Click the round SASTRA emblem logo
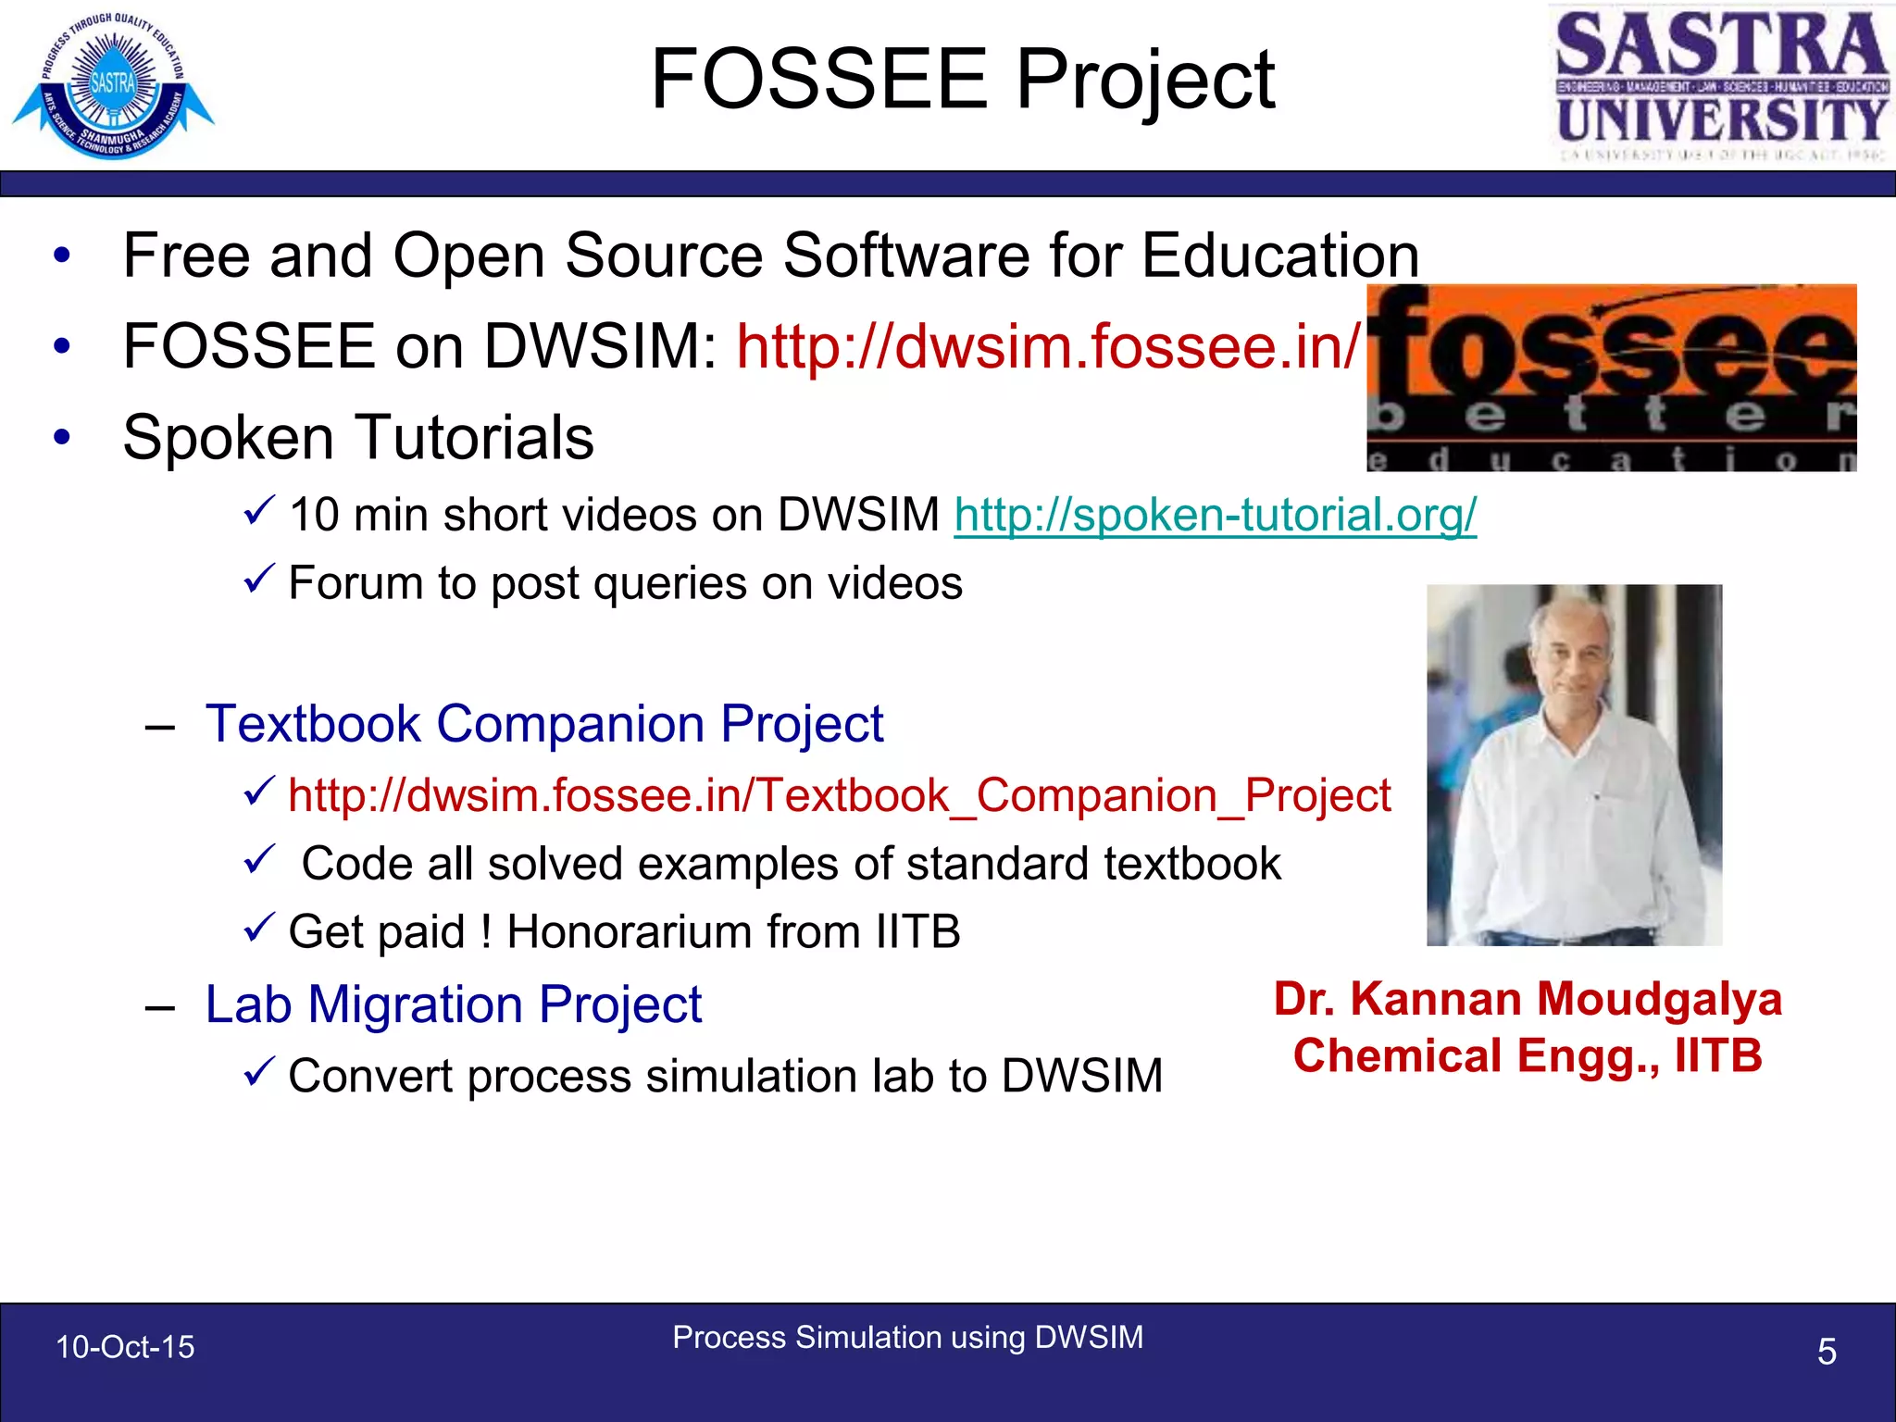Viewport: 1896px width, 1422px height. tap(113, 85)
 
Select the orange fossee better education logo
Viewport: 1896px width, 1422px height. tap(1611, 378)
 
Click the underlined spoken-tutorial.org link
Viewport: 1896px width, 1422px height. tap(1215, 515)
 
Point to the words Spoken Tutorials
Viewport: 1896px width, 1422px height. tap(358, 437)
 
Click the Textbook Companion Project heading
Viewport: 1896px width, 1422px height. tap(544, 723)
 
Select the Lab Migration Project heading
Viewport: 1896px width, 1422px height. tap(454, 1004)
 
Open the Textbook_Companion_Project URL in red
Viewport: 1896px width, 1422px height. tap(839, 795)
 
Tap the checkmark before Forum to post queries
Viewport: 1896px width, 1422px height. tap(258, 580)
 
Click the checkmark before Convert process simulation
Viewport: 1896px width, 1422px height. tap(258, 1072)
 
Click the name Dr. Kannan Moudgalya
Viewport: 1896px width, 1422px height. tap(1528, 1000)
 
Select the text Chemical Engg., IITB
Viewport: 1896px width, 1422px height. tap(1528, 1056)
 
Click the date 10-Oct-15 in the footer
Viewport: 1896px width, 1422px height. tap(125, 1347)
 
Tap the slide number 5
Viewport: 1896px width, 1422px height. tap(1826, 1352)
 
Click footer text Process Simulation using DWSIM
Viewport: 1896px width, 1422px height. tap(907, 1338)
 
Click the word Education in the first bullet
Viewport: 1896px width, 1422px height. tap(1279, 256)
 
